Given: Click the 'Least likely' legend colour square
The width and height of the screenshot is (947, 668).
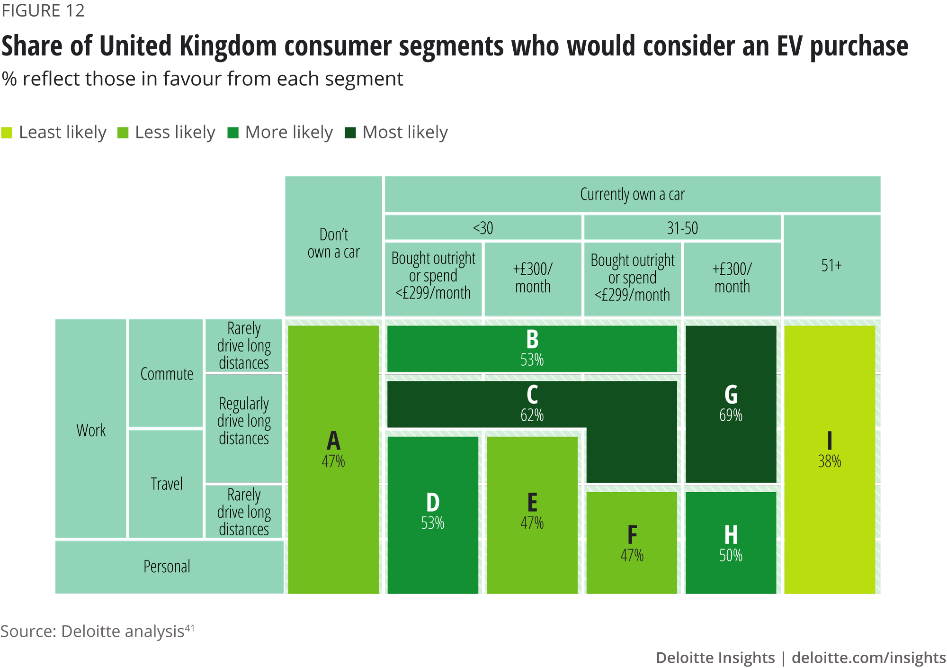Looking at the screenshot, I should click(7, 133).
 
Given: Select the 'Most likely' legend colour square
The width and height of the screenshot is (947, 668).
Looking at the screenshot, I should click(350, 133).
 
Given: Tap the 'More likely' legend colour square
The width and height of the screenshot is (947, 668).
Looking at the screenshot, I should click(232, 133).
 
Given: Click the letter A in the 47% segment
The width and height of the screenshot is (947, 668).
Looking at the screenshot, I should click(333, 441).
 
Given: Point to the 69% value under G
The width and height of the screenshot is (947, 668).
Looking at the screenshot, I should click(731, 415).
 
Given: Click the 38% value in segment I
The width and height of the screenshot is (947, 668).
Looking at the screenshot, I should click(830, 461).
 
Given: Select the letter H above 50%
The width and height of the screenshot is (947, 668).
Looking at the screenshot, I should click(731, 535).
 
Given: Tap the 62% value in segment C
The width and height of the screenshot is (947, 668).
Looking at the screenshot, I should click(532, 415).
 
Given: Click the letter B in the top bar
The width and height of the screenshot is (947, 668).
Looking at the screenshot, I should click(532, 339).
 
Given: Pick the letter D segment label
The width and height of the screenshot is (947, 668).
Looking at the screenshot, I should click(433, 502).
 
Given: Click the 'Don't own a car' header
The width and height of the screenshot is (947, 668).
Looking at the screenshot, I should click(333, 243).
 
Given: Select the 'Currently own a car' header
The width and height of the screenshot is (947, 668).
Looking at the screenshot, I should click(632, 194).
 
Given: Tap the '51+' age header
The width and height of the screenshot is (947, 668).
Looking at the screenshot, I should click(831, 265).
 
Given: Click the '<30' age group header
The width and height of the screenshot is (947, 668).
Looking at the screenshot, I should click(483, 228).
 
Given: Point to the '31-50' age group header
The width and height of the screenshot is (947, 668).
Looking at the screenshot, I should click(682, 228).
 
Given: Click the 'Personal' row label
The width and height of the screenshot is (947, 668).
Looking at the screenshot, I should click(167, 567).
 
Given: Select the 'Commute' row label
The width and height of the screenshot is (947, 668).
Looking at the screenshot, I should click(167, 374).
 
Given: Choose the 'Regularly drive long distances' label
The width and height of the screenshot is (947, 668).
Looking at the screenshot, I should click(244, 421).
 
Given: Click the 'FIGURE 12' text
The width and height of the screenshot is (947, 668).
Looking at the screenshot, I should click(43, 10).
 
